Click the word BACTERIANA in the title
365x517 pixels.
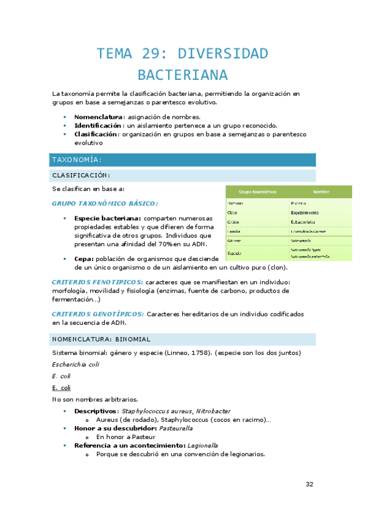[x=182, y=75]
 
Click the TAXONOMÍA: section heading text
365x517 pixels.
[x=76, y=160]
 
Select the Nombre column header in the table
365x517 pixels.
[x=321, y=191]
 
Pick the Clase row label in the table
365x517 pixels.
[x=232, y=212]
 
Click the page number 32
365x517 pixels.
[x=309, y=484]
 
